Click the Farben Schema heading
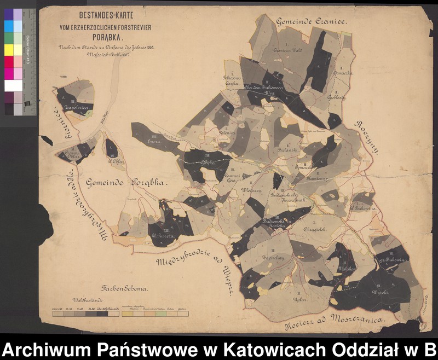click(120, 288)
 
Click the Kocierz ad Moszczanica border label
click(334, 323)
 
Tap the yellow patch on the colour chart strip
click(9, 50)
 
